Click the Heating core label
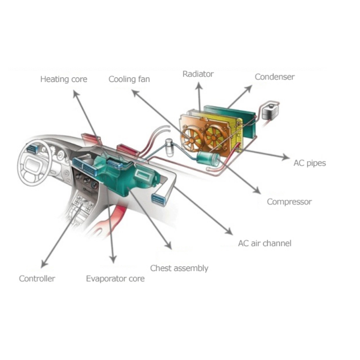pos(64,79)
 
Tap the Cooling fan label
pos(129,80)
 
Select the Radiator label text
pos(198,74)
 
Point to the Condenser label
pos(274,77)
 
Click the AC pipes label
pos(310,163)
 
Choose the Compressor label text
pos(289,202)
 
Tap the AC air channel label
pos(265,243)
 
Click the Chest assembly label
pos(179,268)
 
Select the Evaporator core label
pos(115,279)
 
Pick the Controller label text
pos(37,279)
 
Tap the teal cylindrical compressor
pos(208,158)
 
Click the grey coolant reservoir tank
pos(270,112)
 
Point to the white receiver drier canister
pos(170,148)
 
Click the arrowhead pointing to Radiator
pos(199,85)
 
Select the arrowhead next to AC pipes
pos(286,157)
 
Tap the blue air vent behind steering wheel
pos(32,149)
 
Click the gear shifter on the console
pos(81,203)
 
